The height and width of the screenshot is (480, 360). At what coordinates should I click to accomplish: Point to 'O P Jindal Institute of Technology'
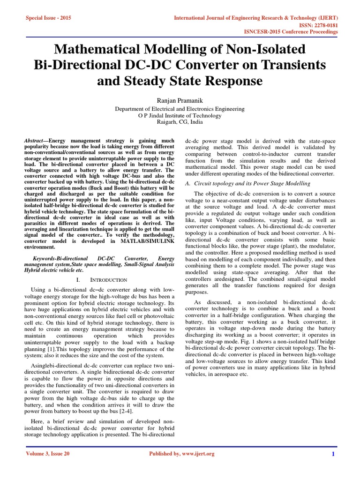coord(180,115)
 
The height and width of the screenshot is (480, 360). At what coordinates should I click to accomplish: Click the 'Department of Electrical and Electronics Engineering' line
coord(180,109)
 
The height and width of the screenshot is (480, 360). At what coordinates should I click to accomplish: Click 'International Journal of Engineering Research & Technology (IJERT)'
coord(256,17)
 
